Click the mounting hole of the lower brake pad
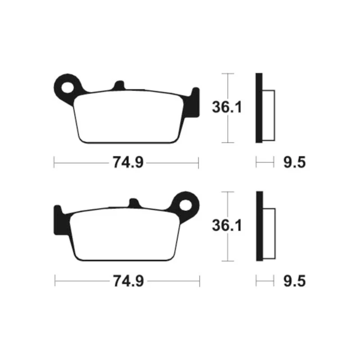(x=185, y=205)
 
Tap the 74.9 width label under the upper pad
(x=128, y=162)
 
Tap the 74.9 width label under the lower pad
(x=128, y=281)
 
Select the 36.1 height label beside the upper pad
(x=227, y=107)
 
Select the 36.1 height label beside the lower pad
(x=227, y=225)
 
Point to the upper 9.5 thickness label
(x=295, y=162)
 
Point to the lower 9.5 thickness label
(x=295, y=281)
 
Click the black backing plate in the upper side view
(x=259, y=108)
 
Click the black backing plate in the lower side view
(x=260, y=226)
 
